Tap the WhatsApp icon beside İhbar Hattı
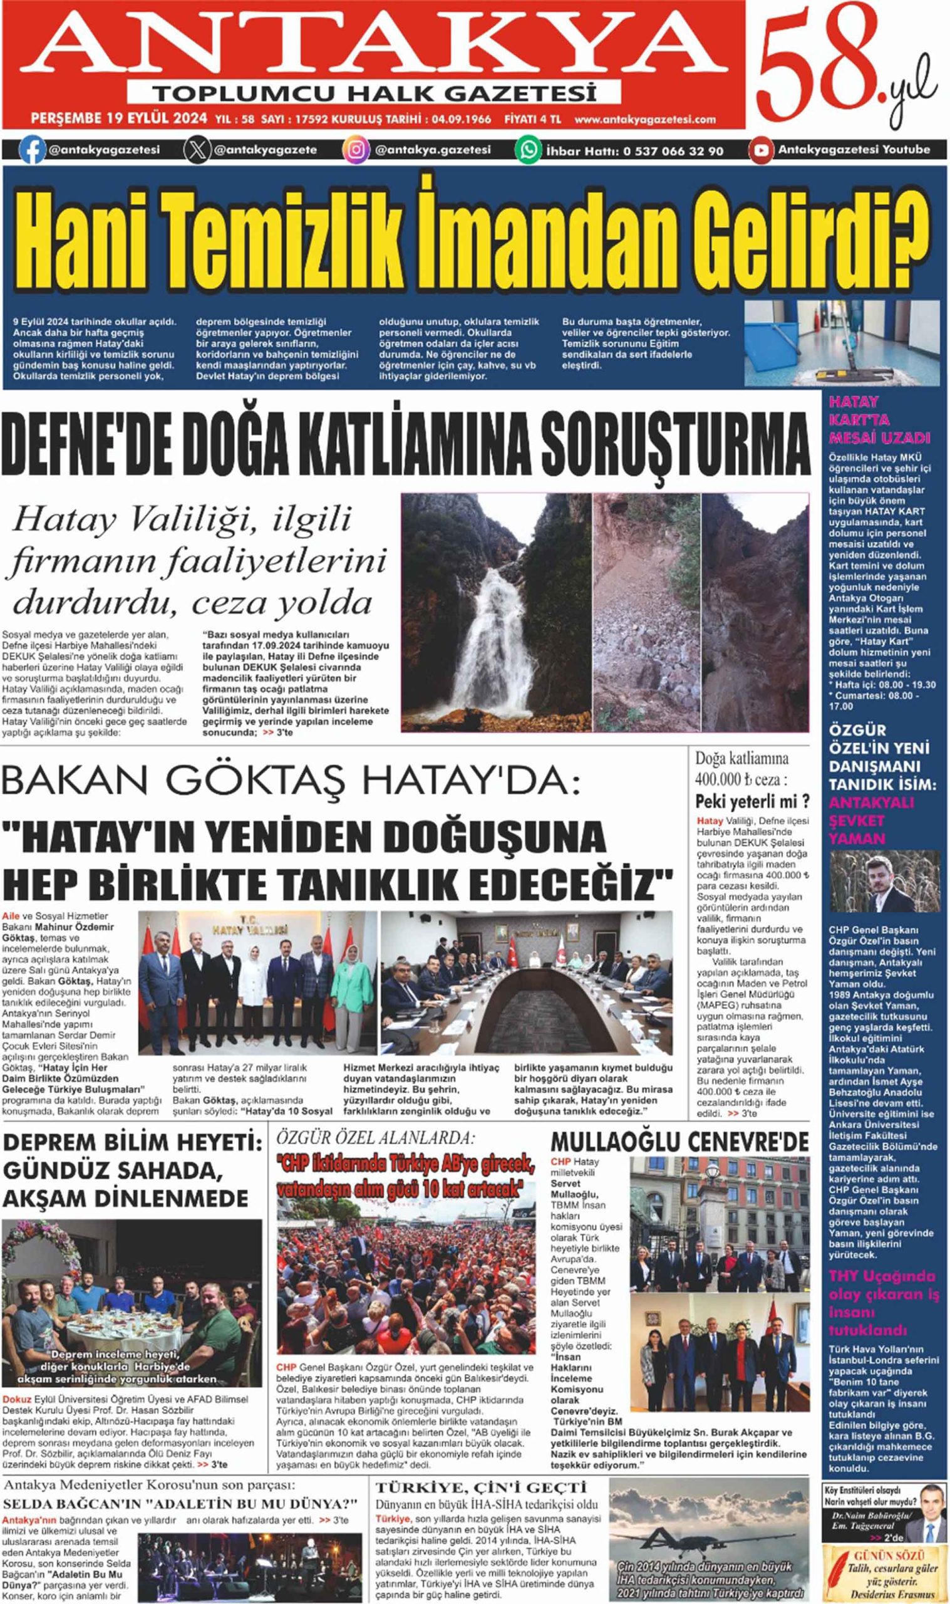529,150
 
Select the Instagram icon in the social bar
356,150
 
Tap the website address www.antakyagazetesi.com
644,119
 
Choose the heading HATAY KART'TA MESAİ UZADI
879,420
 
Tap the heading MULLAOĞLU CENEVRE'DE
679,1142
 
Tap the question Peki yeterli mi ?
752,800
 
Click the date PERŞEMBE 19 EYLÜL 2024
119,118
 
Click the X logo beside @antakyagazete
197,150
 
